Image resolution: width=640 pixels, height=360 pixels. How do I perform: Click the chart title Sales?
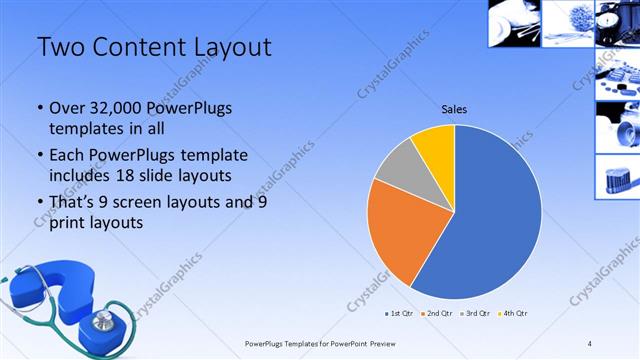coord(454,110)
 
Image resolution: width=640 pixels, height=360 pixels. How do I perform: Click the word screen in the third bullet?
coord(164,203)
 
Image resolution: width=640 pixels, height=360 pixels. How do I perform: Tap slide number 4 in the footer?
coord(590,343)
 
